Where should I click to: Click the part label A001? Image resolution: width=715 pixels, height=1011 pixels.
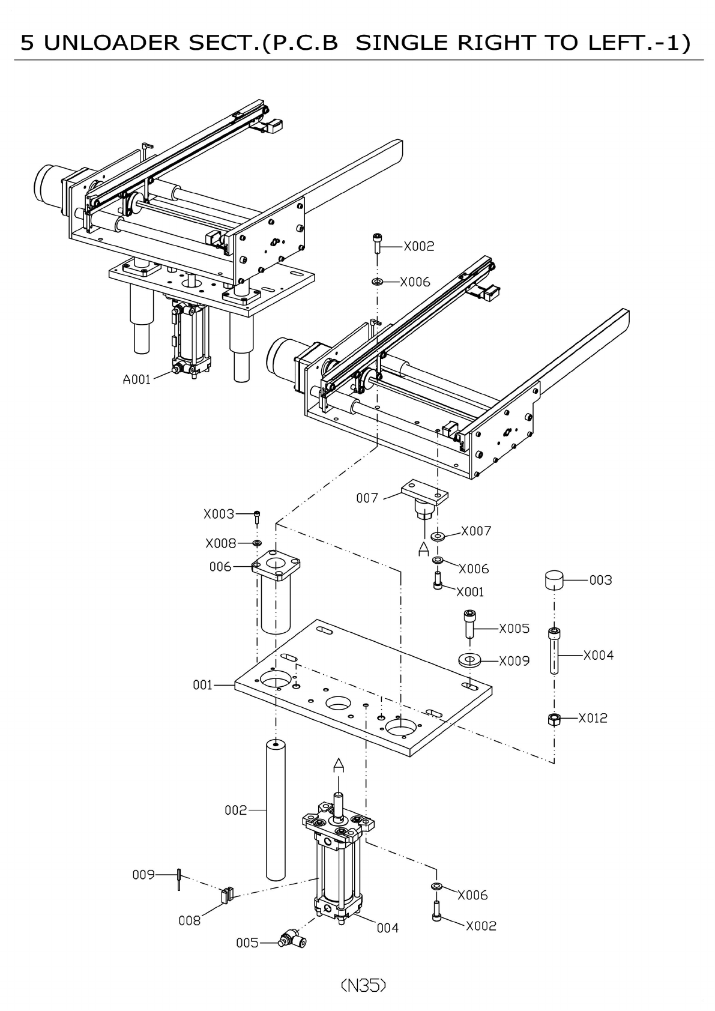[x=137, y=379]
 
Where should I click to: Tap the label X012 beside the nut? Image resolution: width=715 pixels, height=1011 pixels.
[x=593, y=718]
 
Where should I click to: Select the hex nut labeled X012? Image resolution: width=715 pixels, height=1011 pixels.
[x=555, y=719]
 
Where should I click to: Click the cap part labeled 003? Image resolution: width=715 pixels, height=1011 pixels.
[x=554, y=581]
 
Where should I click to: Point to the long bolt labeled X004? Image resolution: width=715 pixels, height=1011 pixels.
[x=554, y=651]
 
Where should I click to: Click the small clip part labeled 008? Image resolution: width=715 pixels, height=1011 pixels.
[x=226, y=895]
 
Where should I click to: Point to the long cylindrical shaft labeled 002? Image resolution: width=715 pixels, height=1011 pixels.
[x=276, y=810]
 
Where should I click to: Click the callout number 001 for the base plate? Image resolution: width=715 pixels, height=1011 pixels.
[x=203, y=685]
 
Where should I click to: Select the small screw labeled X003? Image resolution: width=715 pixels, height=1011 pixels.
[x=257, y=515]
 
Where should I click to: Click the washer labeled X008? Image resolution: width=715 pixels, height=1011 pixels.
[x=257, y=543]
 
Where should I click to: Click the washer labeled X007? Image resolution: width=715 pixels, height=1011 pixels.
[x=438, y=535]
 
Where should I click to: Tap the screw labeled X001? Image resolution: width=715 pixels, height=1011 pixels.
[x=438, y=581]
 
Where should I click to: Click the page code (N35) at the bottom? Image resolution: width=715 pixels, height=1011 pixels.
[x=363, y=985]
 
